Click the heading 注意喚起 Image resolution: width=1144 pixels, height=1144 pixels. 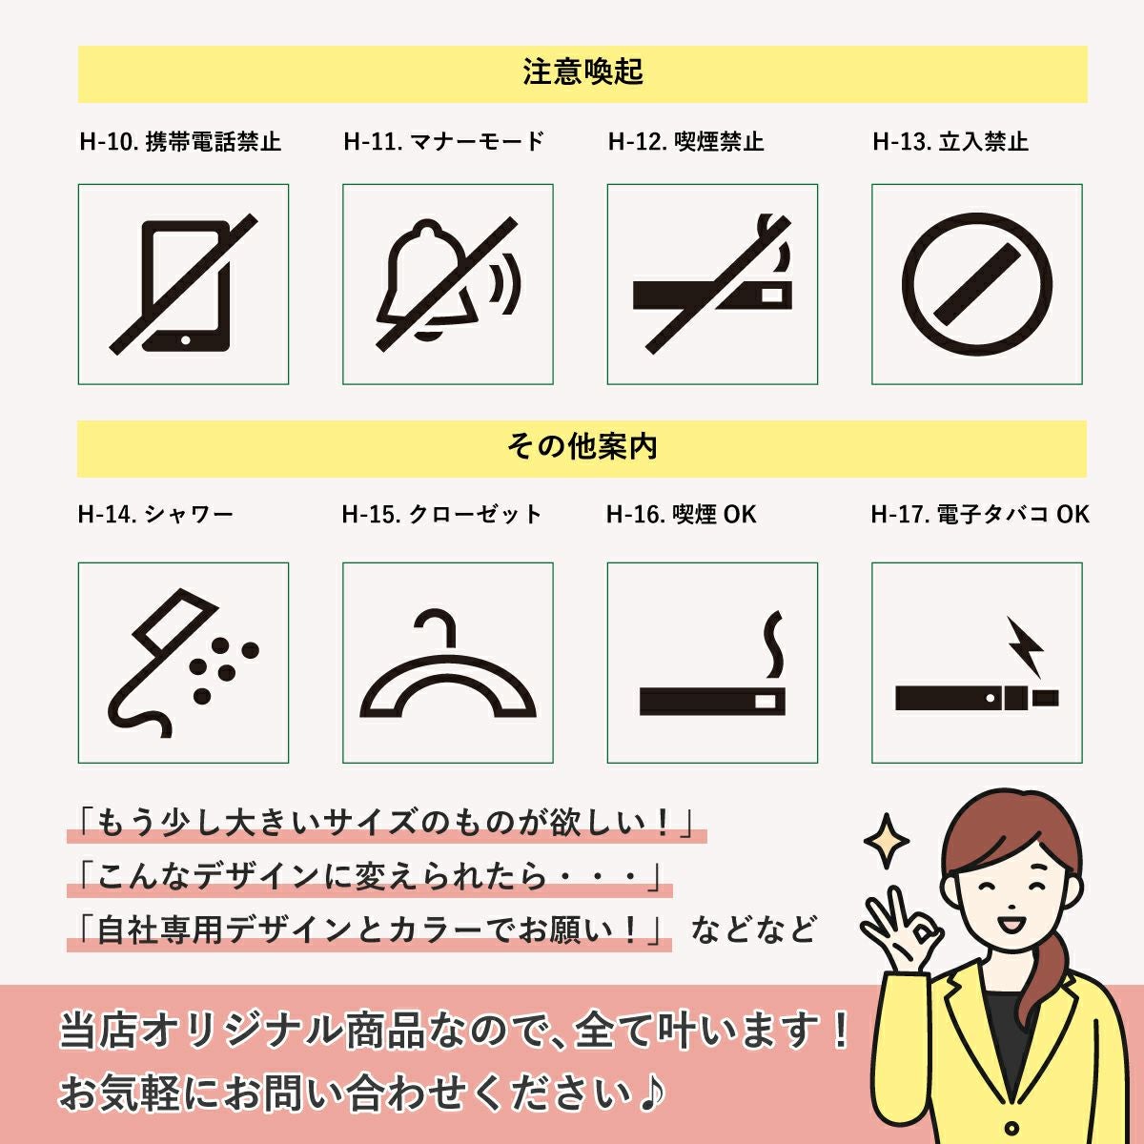point(582,71)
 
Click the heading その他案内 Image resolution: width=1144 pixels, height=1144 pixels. point(582,447)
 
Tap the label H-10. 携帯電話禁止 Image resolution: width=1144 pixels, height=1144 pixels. point(180,142)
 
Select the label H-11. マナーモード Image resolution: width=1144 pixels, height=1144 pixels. point(444,142)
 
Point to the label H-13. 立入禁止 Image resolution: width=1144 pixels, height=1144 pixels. point(950,142)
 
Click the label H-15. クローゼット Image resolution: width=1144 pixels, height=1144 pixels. point(442,514)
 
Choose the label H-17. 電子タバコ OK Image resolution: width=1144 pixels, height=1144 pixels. point(980,514)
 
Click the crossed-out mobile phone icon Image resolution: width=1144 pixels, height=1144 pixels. point(183,284)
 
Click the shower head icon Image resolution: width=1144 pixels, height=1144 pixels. point(183,664)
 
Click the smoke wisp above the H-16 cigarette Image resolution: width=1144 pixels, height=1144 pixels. point(773,644)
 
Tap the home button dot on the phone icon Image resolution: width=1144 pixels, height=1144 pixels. point(185,340)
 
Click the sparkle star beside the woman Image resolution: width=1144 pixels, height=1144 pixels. point(886,841)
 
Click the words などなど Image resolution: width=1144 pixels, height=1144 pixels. point(754,929)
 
